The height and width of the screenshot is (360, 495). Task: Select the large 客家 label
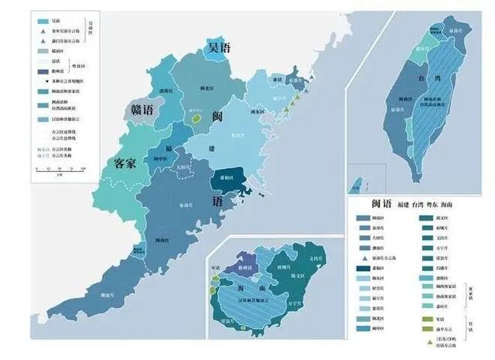tap(129, 163)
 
